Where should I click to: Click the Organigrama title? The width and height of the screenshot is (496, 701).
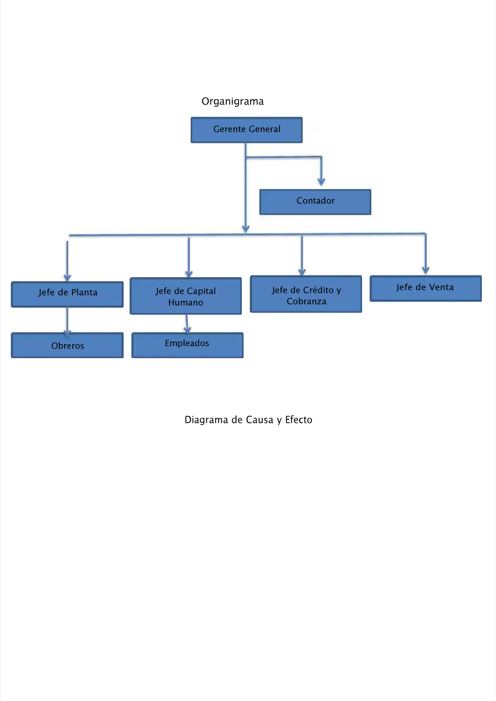click(x=232, y=101)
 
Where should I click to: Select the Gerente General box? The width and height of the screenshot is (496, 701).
click(x=247, y=130)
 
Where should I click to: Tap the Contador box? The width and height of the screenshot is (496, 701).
click(x=315, y=202)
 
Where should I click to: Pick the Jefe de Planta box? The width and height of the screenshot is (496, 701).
click(x=67, y=294)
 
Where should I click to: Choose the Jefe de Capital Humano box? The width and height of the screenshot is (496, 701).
click(x=186, y=296)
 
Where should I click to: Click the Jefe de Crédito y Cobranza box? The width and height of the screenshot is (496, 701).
click(x=306, y=294)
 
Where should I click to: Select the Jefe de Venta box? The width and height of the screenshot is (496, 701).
click(x=425, y=288)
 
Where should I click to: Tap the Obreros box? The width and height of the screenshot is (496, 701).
click(x=67, y=345)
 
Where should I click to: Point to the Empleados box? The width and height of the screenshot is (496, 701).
click(x=187, y=345)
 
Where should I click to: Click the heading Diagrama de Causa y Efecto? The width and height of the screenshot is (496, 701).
click(x=248, y=420)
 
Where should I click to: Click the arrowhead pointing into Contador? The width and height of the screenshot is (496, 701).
click(x=321, y=182)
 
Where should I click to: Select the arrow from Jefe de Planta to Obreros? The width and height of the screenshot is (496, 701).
click(x=67, y=321)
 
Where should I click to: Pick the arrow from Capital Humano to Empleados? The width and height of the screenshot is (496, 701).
click(x=187, y=324)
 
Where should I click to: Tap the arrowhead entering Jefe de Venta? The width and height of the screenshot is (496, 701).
click(x=425, y=270)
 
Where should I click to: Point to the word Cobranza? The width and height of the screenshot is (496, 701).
click(x=306, y=301)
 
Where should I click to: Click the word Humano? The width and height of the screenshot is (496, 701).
click(x=186, y=303)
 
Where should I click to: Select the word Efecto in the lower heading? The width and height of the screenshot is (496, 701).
click(x=298, y=420)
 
